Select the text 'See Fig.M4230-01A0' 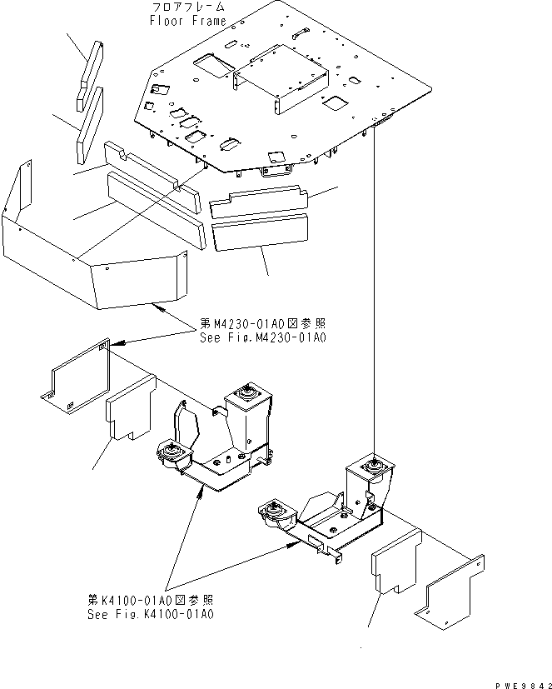(x=262, y=337)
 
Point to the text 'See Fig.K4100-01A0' (x=151, y=614)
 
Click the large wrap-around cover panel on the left (x=92, y=250)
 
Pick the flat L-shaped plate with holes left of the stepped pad (x=75, y=379)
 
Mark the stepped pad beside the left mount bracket (x=129, y=408)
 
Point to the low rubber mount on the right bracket (x=274, y=511)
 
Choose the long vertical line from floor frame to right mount (x=376, y=292)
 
